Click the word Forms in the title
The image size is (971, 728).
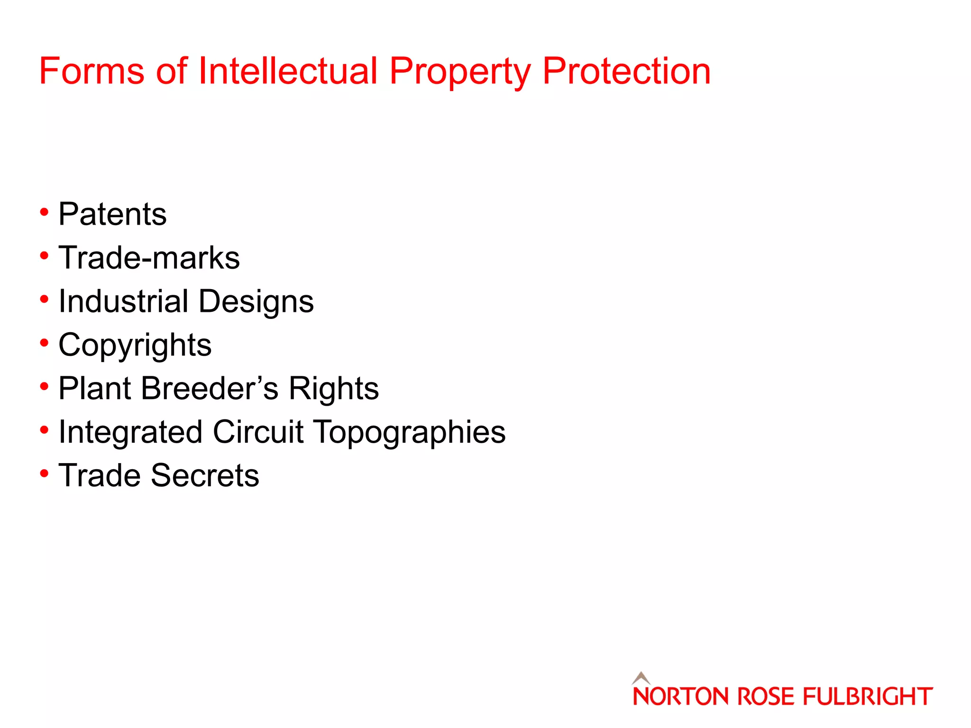click(92, 71)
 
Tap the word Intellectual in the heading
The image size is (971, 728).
click(288, 71)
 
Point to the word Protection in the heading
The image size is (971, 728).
click(626, 71)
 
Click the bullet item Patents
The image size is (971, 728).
click(112, 214)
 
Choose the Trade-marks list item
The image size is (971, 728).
click(149, 258)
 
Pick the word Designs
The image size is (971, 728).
click(256, 302)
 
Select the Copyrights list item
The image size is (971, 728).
click(135, 345)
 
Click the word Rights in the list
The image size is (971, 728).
click(334, 389)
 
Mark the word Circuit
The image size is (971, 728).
click(258, 432)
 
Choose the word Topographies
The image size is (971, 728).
click(410, 433)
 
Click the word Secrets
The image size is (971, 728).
click(205, 475)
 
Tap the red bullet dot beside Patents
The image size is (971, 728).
click(44, 212)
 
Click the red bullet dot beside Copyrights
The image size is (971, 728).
click(44, 343)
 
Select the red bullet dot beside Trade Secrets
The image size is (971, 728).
click(44, 473)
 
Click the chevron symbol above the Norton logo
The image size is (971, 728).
click(641, 678)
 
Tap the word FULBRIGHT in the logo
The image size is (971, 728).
click(867, 697)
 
